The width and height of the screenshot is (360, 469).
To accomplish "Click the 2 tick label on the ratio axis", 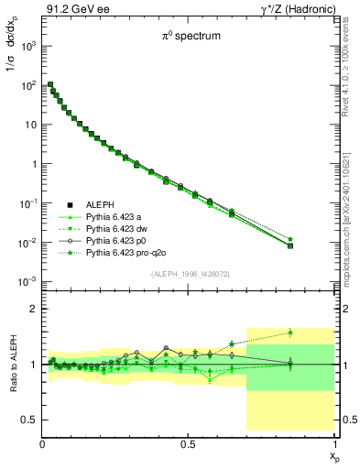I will coord(35,310).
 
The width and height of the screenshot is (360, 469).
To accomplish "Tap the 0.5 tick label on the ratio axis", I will coord(30,420).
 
